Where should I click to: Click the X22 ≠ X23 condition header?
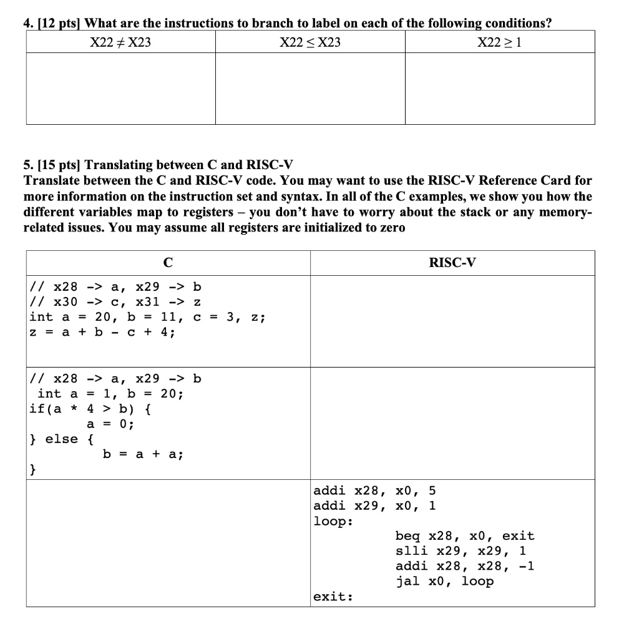point(121,42)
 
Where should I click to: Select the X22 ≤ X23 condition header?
point(310,42)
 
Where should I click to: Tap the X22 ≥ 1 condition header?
point(499,42)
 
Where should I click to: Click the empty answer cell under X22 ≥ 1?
point(500,88)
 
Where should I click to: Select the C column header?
point(168,263)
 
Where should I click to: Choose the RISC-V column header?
point(452,263)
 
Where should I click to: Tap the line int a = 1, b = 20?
point(110,394)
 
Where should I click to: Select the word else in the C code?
point(62,439)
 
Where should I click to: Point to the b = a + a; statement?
point(143,455)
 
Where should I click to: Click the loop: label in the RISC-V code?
point(333,521)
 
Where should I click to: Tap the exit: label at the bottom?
point(333,597)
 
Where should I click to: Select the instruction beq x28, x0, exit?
point(465,536)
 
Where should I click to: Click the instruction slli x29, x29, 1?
point(461,551)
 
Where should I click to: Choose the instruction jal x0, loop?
point(444,582)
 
